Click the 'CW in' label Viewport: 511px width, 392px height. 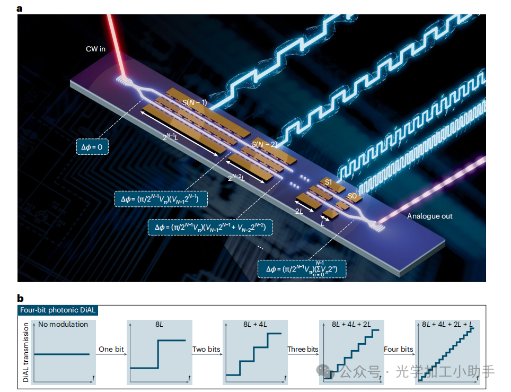pos(95,49)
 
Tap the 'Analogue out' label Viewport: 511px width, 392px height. pos(430,216)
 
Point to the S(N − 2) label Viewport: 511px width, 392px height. pos(264,144)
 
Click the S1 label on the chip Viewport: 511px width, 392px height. pos(329,182)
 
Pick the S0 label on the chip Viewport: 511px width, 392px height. pos(352,196)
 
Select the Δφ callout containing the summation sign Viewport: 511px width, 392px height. pos(302,269)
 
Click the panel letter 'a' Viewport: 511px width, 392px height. pos(20,8)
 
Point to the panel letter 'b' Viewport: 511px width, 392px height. pos(20,298)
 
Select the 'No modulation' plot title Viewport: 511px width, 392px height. pos(63,324)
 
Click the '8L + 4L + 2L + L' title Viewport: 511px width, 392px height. pos(444,324)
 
